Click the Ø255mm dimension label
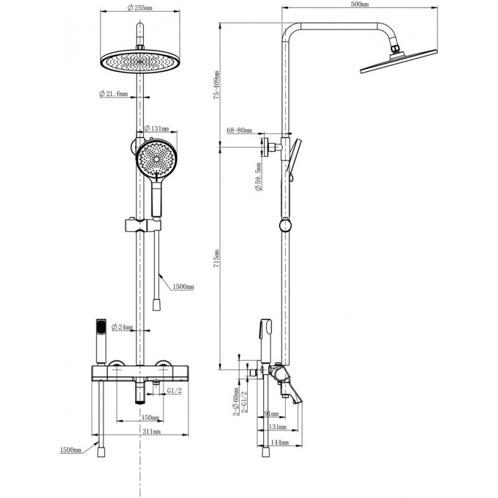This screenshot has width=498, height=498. [x=139, y=7]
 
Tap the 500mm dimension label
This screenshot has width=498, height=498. [x=360, y=4]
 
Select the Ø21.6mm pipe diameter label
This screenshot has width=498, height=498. [x=113, y=94]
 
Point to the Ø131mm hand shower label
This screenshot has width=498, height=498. [x=156, y=129]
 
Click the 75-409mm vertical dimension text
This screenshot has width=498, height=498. [x=216, y=85]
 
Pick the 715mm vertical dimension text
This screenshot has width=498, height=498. [x=216, y=258]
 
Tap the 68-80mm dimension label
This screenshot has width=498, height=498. [x=239, y=130]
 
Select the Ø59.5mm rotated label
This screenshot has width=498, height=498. [x=258, y=177]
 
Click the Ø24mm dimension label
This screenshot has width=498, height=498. [x=122, y=327]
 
